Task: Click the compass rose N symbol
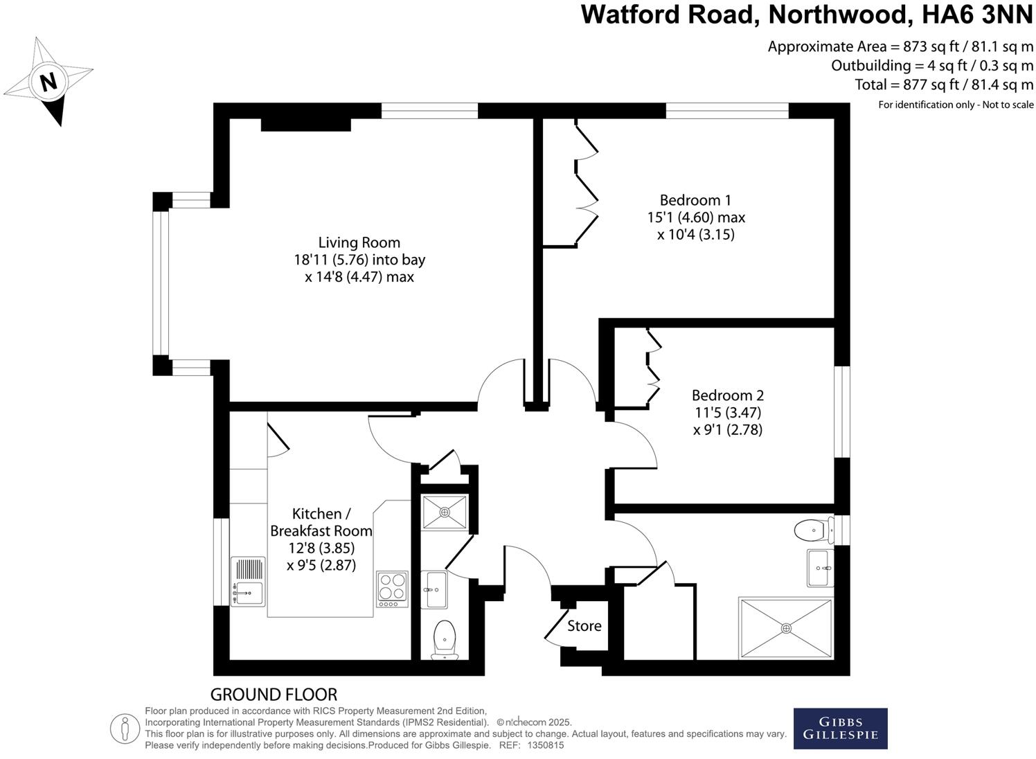[48, 82]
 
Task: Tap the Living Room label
[359, 242]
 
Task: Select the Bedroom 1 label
[695, 200]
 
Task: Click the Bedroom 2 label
[727, 395]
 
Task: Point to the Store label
[584, 626]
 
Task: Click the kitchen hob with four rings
[392, 589]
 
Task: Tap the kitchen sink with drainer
[247, 582]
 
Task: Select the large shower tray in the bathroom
[786, 628]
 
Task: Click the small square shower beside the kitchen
[444, 512]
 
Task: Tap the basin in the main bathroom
[820, 568]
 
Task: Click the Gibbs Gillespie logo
[840, 729]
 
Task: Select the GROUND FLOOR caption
[274, 695]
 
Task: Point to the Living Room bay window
[161, 284]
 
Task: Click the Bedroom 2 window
[842, 412]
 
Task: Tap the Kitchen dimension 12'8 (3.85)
[321, 548]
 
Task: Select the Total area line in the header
[944, 84]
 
